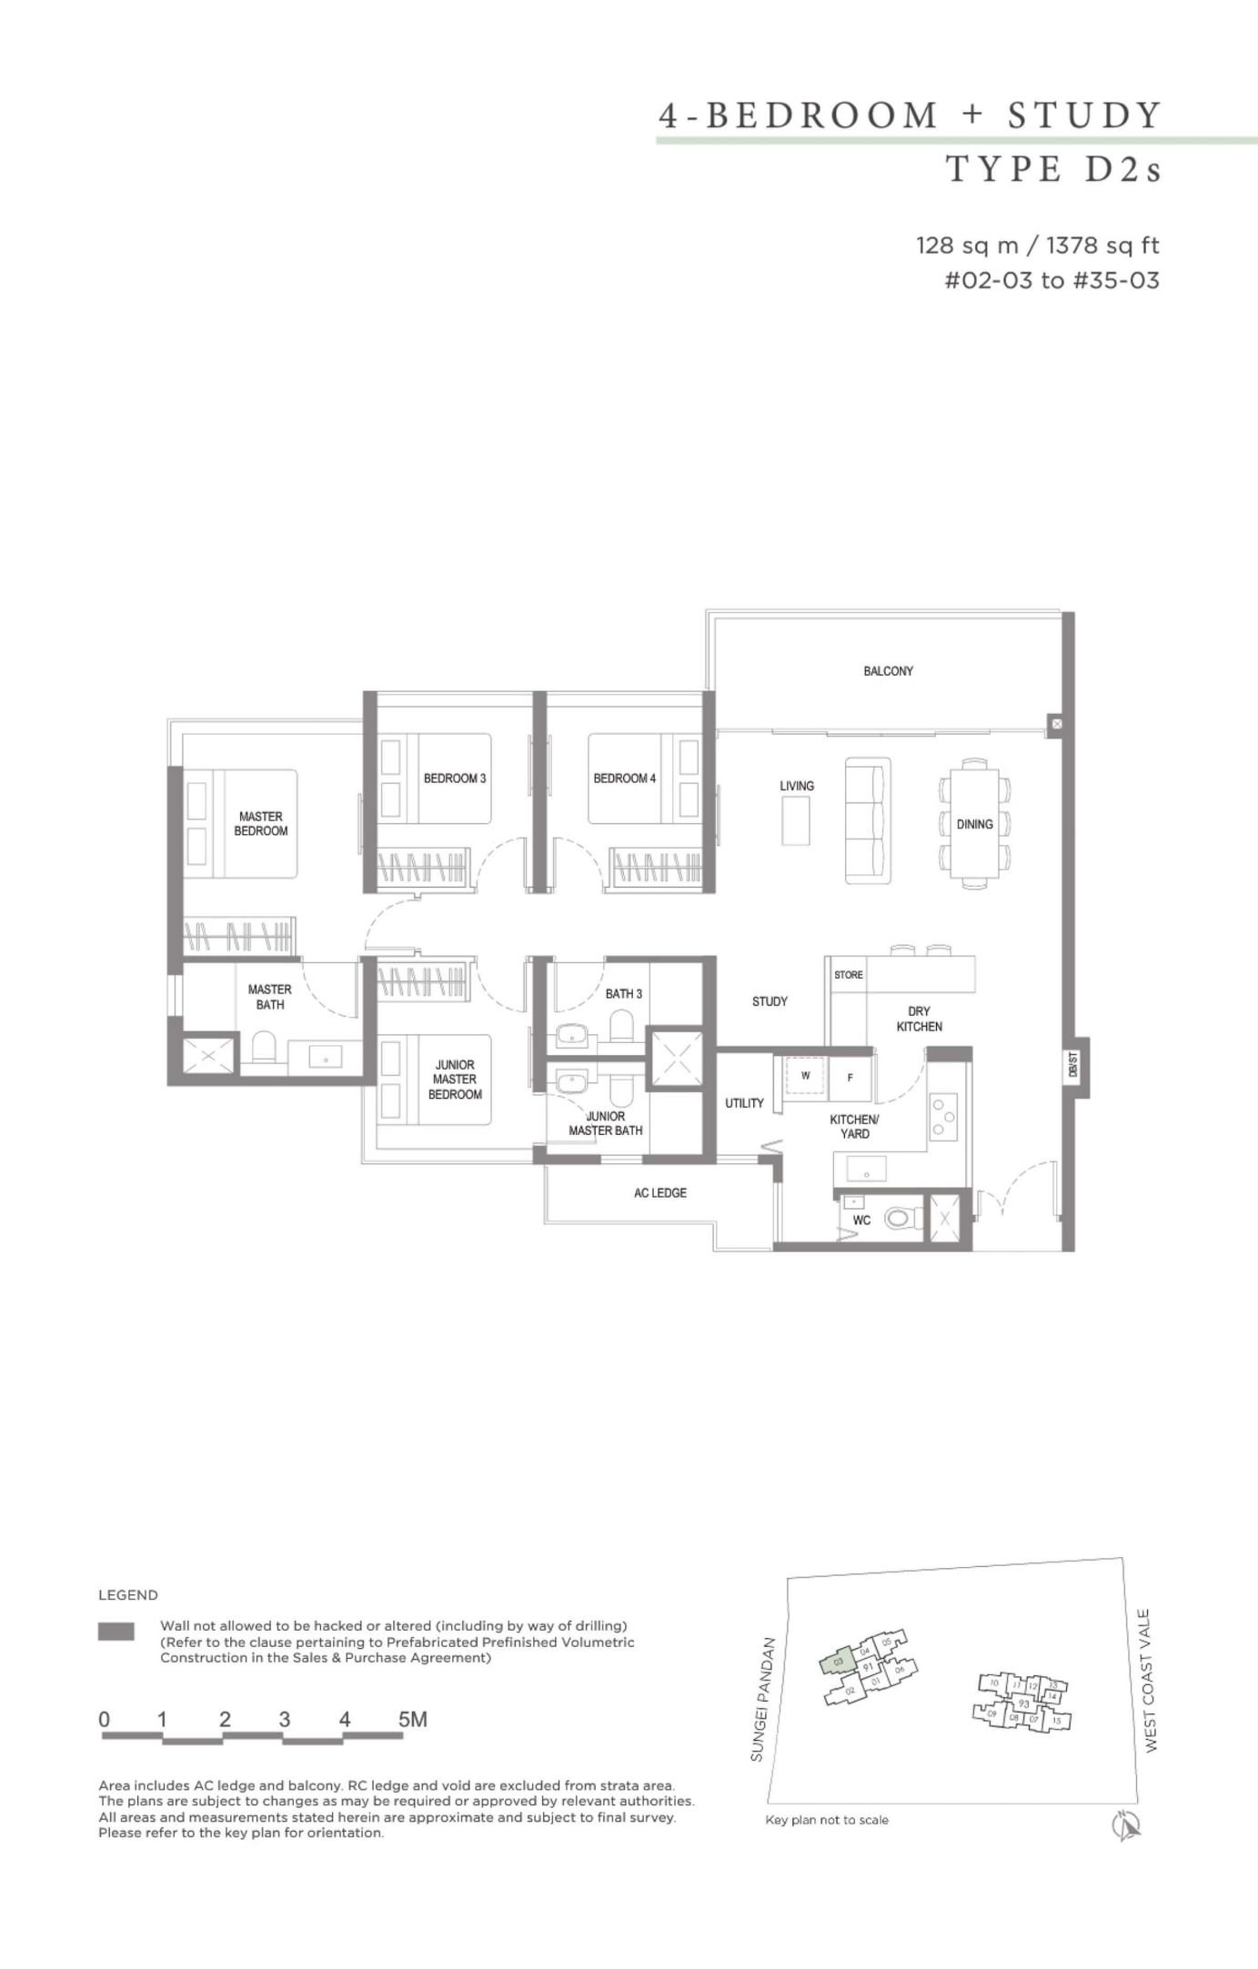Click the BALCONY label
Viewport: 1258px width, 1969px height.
coord(888,671)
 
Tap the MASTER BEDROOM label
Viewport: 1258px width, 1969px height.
coord(261,824)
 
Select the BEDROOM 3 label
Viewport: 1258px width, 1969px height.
coord(455,779)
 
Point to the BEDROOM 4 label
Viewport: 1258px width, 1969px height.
coord(624,779)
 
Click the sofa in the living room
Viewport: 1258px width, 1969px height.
coord(867,820)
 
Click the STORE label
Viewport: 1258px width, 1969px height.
coord(849,975)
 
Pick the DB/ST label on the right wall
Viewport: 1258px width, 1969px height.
coord(1074,1067)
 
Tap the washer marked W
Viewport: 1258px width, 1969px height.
coord(805,1077)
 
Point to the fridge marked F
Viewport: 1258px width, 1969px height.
coord(850,1078)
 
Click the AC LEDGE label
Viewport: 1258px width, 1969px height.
coord(660,1192)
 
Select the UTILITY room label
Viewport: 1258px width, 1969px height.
coord(744,1103)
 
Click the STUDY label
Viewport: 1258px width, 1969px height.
coord(770,1001)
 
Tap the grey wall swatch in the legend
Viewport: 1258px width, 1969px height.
coord(116,1632)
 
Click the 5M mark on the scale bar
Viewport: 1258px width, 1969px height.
coord(413,1720)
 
